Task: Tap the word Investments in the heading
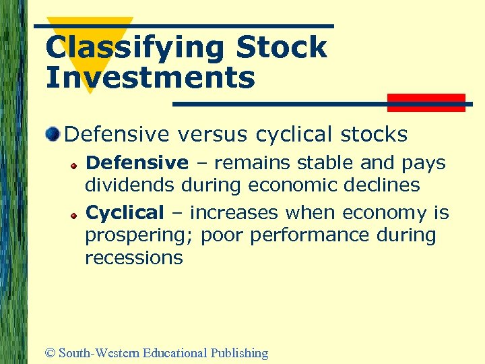coord(150,77)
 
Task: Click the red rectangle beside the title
coord(426,102)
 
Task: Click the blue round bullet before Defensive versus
coord(53,134)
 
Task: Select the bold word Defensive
coord(137,163)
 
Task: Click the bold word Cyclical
coord(125,213)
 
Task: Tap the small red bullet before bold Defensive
coord(77,164)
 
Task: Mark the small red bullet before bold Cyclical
coord(77,214)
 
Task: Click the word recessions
coord(133,258)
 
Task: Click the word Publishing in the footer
coord(239,353)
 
